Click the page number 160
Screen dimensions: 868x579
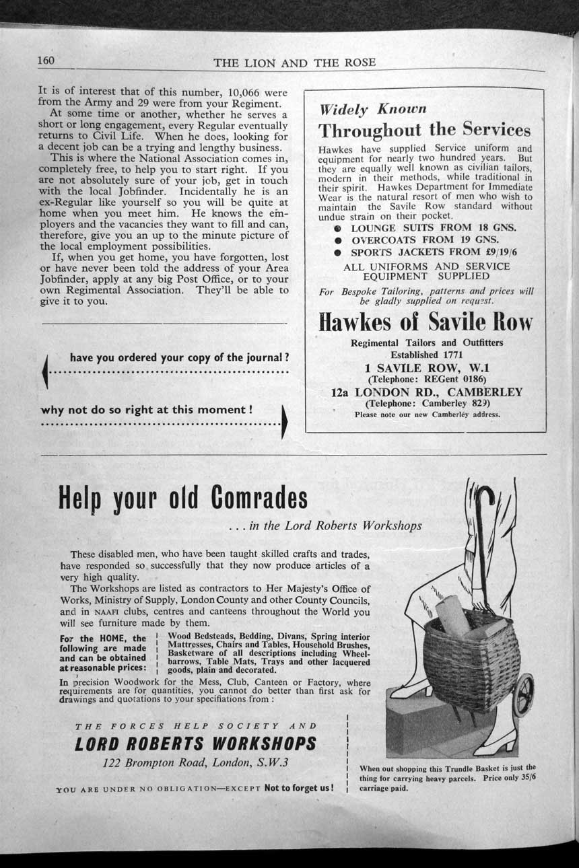(46, 61)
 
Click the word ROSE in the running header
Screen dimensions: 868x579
(359, 63)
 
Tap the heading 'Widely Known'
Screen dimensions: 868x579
(372, 109)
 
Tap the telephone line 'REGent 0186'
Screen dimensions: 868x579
(426, 379)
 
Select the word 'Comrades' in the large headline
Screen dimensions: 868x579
(257, 498)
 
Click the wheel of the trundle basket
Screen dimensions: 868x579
(523, 695)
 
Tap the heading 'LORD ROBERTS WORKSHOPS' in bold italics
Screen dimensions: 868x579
(195, 744)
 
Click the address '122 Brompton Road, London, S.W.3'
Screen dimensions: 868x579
(195, 763)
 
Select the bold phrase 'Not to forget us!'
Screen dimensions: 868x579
(298, 788)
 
